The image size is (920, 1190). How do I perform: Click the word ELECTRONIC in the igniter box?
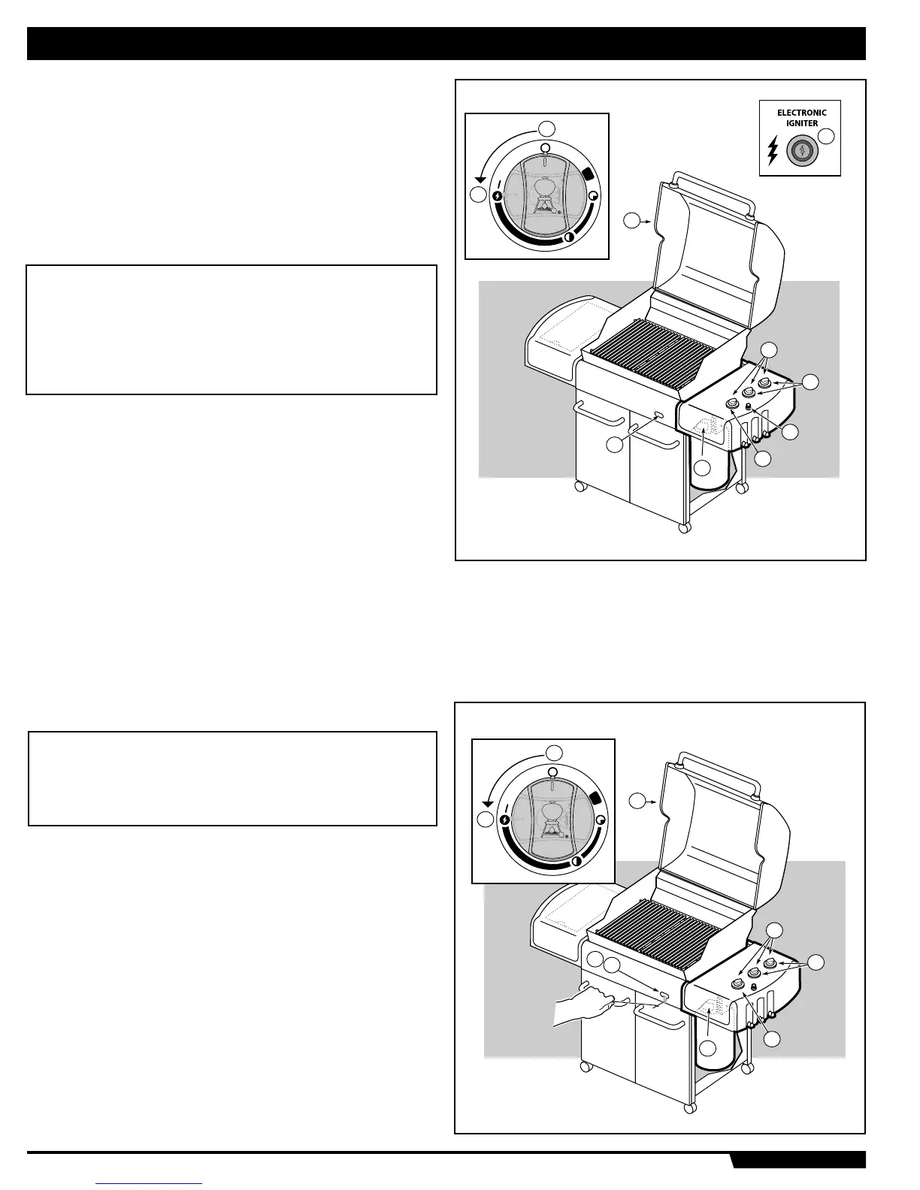801,113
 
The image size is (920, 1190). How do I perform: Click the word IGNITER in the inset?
801,123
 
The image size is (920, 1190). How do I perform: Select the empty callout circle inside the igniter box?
827,137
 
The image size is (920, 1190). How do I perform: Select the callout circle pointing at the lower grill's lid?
637,801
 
